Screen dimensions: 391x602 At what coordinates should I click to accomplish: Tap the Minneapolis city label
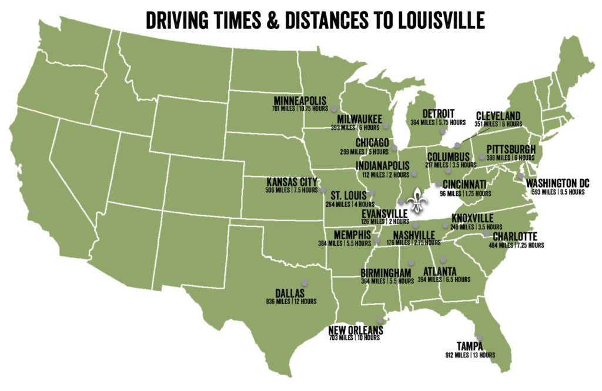click(300, 100)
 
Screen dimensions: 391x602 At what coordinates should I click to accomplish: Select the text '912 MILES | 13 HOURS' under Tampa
click(470, 355)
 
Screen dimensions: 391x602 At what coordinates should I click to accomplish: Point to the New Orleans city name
click(356, 330)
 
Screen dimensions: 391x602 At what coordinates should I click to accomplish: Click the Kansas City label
click(292, 182)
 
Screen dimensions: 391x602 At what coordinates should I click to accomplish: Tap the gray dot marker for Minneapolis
click(333, 109)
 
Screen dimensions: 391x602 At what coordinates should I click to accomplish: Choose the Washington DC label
click(557, 183)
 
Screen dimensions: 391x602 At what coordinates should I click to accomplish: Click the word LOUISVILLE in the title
click(434, 19)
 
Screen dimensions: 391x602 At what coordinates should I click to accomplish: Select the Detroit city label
click(438, 113)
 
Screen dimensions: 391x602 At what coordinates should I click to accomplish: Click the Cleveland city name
click(498, 115)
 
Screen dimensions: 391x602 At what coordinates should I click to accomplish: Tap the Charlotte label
click(515, 236)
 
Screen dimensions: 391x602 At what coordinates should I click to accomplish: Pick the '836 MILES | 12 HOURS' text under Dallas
click(291, 302)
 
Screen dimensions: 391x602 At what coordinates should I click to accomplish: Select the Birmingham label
click(386, 273)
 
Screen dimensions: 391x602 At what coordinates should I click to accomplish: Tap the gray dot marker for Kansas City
click(323, 189)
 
